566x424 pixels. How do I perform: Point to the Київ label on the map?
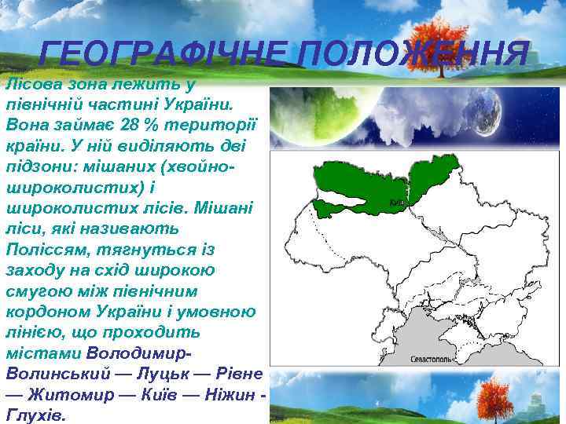[397, 201]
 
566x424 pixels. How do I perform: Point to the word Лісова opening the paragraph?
[31, 84]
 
